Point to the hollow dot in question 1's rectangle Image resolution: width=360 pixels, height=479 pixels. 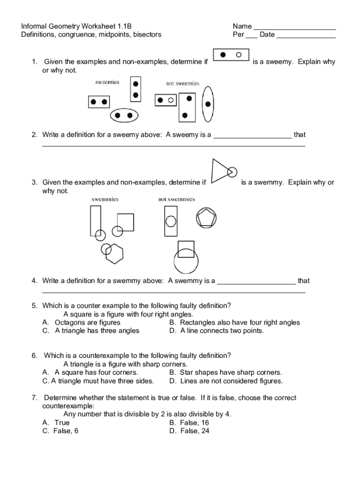(239, 55)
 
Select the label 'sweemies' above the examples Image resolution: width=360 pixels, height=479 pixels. (107, 82)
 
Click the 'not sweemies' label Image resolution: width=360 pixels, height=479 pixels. (182, 83)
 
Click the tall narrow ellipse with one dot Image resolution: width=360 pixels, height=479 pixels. (208, 104)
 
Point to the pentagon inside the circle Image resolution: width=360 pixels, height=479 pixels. (206, 218)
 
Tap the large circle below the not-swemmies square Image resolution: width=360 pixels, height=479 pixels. (186, 263)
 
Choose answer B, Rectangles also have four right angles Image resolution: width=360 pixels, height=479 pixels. (234, 322)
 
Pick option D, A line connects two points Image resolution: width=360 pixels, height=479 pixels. (216, 331)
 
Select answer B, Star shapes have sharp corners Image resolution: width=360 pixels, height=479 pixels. (225, 372)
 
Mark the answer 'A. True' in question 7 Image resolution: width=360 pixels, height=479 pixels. (56, 422)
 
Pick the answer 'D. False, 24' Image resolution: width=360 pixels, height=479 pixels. (189, 431)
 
